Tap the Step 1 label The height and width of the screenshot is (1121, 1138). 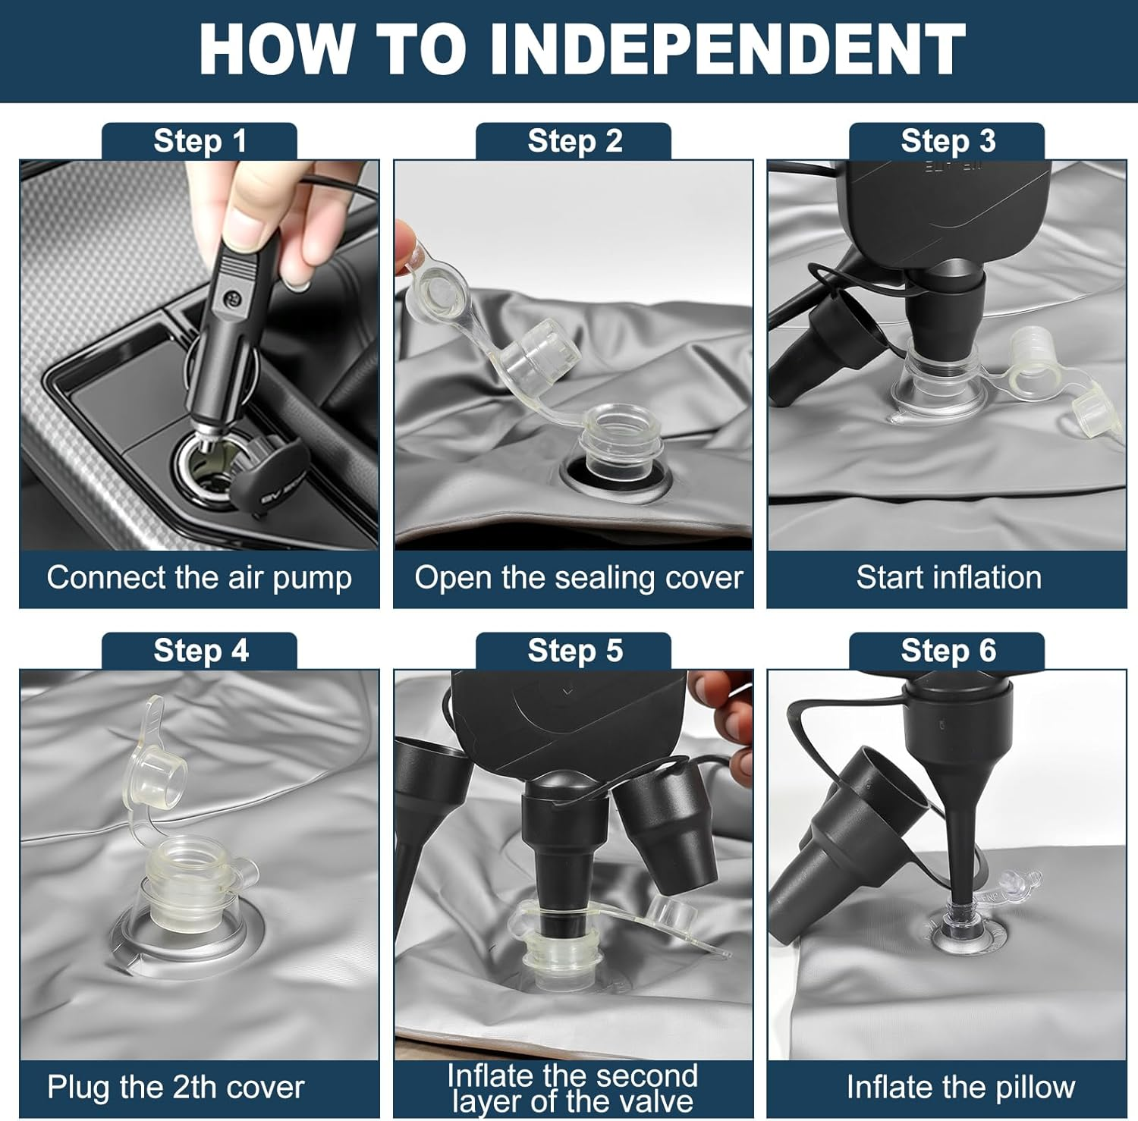pyautogui.click(x=200, y=141)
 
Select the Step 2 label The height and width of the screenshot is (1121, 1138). pyautogui.click(x=574, y=141)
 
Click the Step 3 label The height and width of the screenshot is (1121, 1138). pyautogui.click(x=948, y=141)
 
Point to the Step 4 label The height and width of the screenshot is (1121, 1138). pyautogui.click(x=200, y=651)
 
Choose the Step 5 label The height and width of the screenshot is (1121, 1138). pyautogui.click(x=574, y=651)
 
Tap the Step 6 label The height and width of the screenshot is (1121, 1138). pyautogui.click(x=948, y=651)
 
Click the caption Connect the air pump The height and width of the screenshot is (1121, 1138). pyautogui.click(x=199, y=578)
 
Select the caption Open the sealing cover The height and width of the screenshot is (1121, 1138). pyautogui.click(x=578, y=578)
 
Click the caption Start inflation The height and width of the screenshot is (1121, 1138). pyautogui.click(x=948, y=578)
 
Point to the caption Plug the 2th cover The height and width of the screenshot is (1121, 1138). pyautogui.click(x=175, y=1088)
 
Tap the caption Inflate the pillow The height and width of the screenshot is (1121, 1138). pyautogui.click(x=960, y=1088)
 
